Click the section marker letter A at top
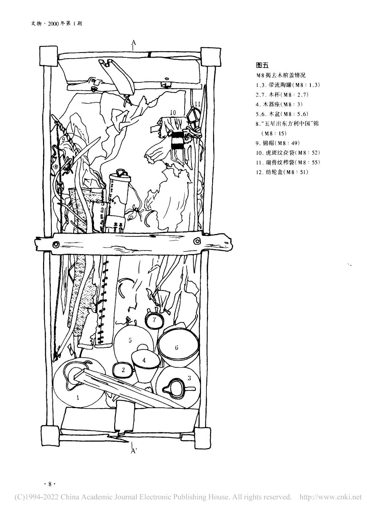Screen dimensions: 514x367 (x=134, y=43)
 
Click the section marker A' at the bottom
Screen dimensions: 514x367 (x=134, y=452)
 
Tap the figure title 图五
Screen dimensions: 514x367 (x=262, y=66)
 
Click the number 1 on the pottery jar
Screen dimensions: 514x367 (x=78, y=398)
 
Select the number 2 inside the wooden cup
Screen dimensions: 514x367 (x=123, y=370)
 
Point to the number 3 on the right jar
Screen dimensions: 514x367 (x=189, y=378)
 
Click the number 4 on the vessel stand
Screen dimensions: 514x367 (x=144, y=360)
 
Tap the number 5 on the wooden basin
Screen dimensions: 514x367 (x=130, y=340)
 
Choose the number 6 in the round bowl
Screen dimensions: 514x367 (x=177, y=348)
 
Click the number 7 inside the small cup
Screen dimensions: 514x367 (x=154, y=320)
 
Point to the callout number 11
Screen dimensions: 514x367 (x=197, y=104)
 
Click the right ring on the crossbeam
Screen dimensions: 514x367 (x=197, y=241)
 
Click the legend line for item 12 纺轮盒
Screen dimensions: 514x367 (x=282, y=172)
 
